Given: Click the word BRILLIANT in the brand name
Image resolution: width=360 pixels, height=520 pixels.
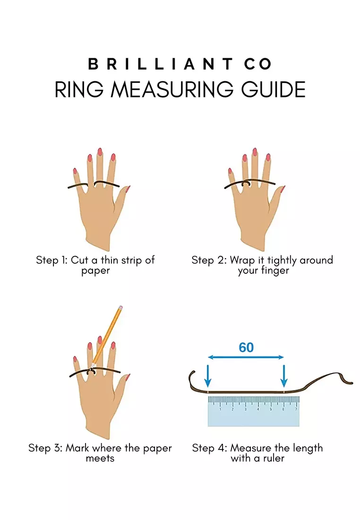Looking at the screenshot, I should [156, 64].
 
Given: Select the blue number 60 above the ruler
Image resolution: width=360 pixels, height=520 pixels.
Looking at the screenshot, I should [246, 347].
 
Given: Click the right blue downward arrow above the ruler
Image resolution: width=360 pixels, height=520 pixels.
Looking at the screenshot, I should [283, 376].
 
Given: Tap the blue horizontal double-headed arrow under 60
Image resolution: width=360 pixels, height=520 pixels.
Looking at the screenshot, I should [245, 358].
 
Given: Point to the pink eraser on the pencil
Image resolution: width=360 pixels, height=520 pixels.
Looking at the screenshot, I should [120, 308].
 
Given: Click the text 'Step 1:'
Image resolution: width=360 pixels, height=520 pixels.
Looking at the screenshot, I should [52, 260].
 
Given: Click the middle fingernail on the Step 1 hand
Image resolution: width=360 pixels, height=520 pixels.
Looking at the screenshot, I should [100, 152].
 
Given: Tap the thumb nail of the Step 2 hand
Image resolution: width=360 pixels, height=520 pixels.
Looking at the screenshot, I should [282, 190].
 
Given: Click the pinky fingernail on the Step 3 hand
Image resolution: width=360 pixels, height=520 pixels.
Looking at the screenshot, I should [75, 359].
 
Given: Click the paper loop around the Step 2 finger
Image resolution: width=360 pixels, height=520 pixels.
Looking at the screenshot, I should [246, 183].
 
